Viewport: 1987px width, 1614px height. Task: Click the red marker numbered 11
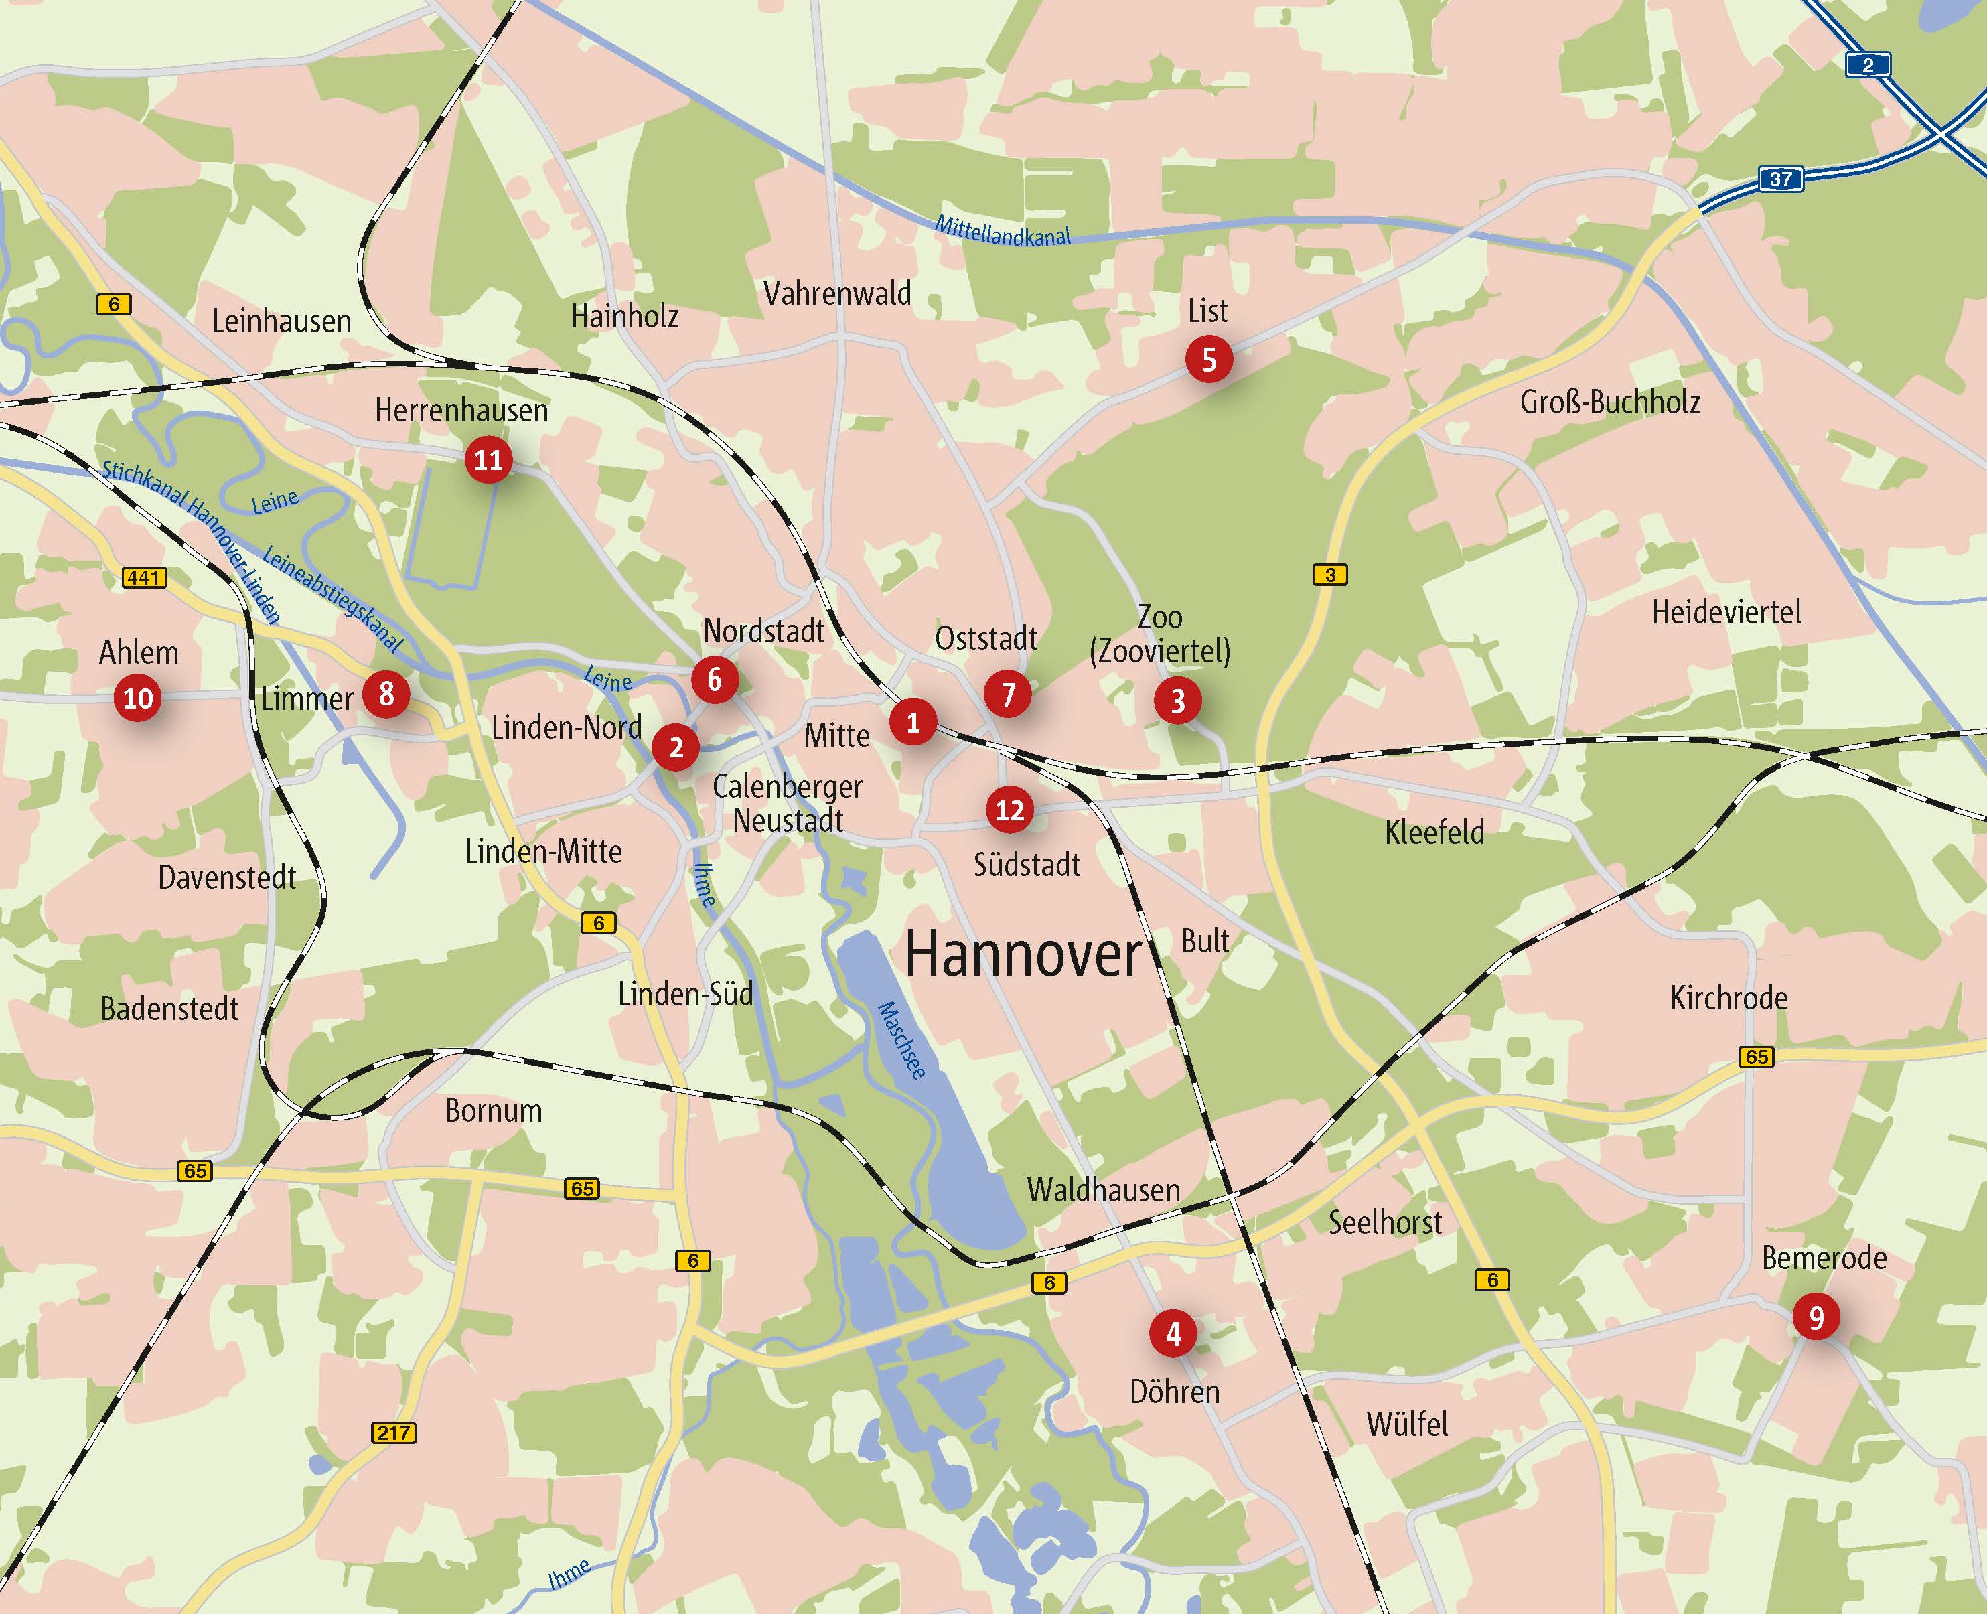pos(488,459)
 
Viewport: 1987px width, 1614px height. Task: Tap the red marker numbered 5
pos(1209,359)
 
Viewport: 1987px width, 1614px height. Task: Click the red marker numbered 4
pos(1173,1334)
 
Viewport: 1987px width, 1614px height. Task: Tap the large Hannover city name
pos(1023,955)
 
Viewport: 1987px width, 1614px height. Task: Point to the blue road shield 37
pos(1781,179)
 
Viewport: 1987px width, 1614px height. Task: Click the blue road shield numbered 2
pos(1867,65)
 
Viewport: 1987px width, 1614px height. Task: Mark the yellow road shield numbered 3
pos(1329,575)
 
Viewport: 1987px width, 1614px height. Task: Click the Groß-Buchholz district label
pos(1609,402)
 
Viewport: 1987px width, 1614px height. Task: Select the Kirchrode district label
pos(1728,998)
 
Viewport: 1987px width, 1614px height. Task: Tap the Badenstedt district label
pos(169,1009)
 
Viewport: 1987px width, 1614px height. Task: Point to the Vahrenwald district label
pos(837,294)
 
